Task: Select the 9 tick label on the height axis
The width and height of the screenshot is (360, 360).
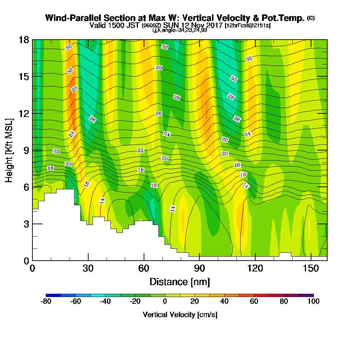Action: pyautogui.click(x=26, y=150)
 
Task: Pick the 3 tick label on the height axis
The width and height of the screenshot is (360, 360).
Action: pyautogui.click(x=26, y=224)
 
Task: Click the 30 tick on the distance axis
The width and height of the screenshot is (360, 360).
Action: pyautogui.click(x=88, y=268)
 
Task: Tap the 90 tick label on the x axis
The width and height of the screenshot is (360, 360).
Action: pyautogui.click(x=199, y=268)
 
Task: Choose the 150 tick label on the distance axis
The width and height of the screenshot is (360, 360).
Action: pyautogui.click(x=311, y=268)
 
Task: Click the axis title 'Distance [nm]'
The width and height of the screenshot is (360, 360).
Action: pyautogui.click(x=180, y=282)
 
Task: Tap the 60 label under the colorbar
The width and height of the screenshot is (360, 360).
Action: pyautogui.click(x=254, y=302)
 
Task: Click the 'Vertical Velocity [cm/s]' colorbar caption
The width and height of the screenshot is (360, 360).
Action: pyautogui.click(x=180, y=315)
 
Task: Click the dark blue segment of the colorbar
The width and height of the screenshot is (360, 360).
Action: pyautogui.click(x=53, y=295)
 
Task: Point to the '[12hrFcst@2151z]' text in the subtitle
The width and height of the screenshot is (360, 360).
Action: pyautogui.click(x=248, y=26)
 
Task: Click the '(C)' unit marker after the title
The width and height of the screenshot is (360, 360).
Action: pyautogui.click(x=311, y=18)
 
